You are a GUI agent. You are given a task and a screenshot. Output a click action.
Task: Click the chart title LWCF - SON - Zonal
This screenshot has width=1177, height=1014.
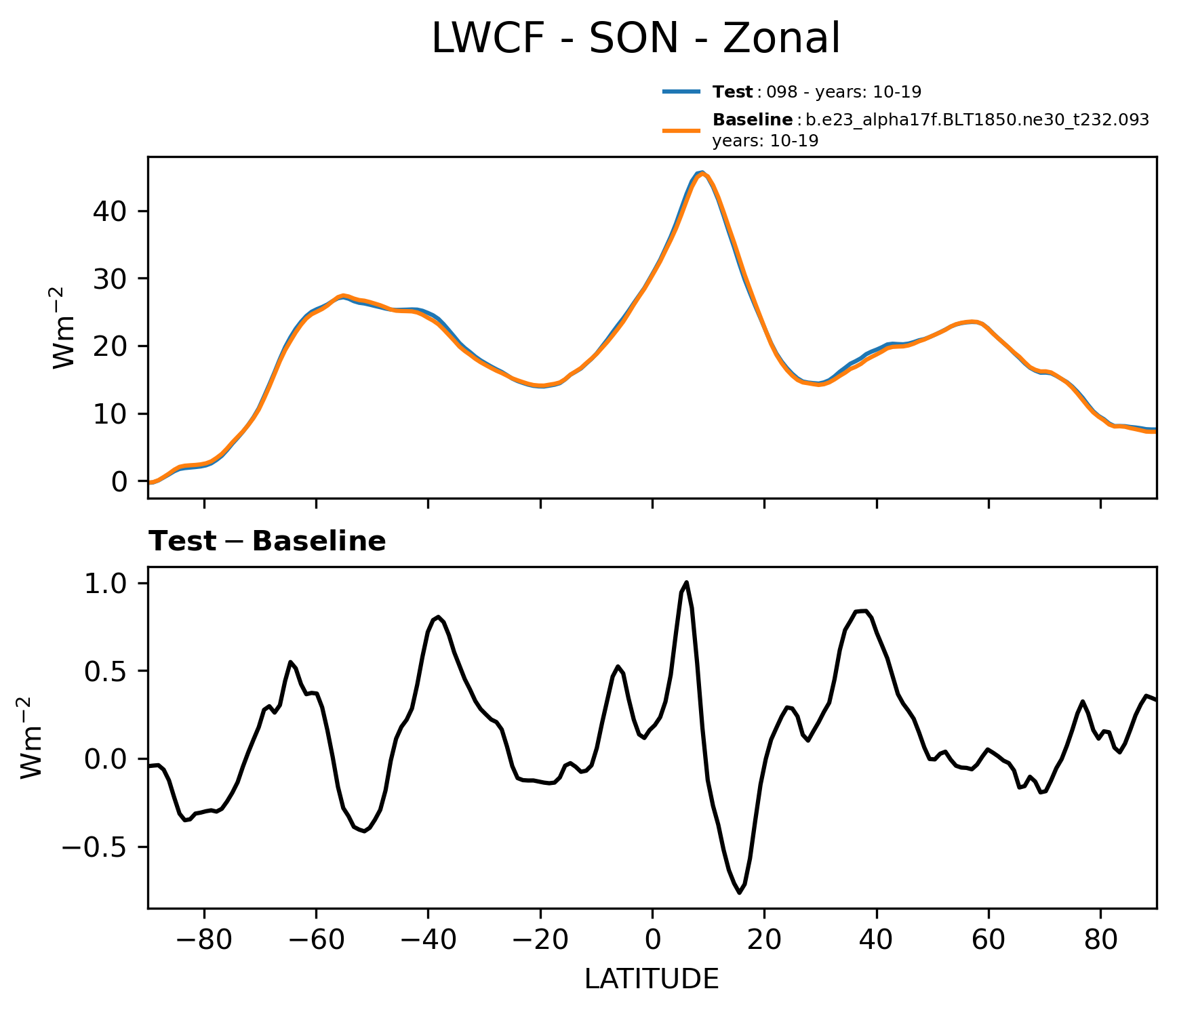(635, 39)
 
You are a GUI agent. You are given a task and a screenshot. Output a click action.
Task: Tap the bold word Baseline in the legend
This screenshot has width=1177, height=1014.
(753, 120)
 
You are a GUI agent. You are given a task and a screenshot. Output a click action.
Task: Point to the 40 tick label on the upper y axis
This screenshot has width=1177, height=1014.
(110, 211)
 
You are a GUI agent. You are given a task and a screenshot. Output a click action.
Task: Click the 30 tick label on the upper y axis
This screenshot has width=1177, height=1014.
(110, 279)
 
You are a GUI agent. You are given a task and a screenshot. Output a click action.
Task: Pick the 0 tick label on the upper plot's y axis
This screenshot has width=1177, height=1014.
(119, 481)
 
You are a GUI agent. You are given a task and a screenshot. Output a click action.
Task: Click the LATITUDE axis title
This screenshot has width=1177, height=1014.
(652, 979)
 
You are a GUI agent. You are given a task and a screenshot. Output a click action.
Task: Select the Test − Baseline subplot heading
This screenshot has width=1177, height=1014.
(267, 542)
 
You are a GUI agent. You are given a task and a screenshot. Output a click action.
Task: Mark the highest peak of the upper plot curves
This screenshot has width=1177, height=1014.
(702, 174)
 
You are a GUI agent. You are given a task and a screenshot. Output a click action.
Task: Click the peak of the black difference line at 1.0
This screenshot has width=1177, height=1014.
(687, 582)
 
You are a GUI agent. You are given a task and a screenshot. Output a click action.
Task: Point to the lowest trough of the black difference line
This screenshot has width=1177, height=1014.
(739, 892)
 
